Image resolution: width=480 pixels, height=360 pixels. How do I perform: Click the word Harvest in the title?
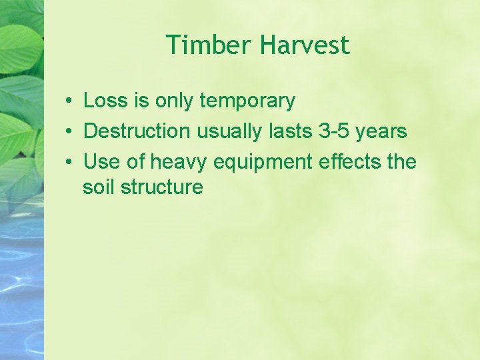tap(305, 45)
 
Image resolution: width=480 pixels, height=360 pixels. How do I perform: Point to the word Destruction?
tap(137, 131)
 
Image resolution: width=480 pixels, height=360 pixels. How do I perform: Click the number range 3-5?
tap(333, 131)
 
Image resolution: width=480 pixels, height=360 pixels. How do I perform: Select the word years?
tap(381, 132)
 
